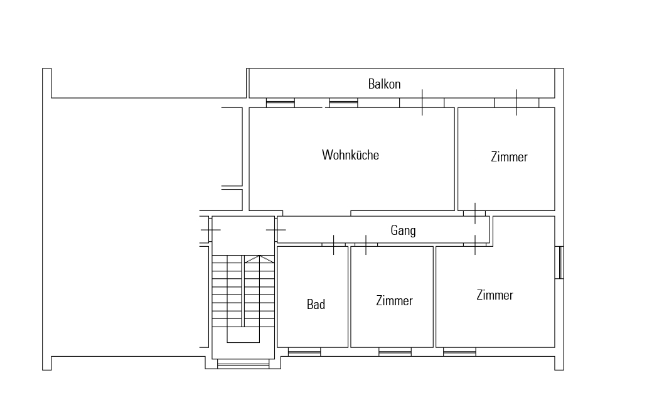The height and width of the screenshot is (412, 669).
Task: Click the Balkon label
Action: (x=384, y=84)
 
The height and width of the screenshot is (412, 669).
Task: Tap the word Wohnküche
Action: (x=350, y=154)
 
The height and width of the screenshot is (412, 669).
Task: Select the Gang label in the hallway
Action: (x=403, y=230)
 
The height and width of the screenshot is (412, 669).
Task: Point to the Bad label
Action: (x=316, y=305)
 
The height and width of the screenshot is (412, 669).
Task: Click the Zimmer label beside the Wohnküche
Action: (x=509, y=156)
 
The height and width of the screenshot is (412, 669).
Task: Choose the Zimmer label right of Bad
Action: (x=394, y=301)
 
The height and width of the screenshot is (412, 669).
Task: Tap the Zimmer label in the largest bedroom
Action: (x=495, y=295)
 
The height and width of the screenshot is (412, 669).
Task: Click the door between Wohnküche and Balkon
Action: (x=422, y=102)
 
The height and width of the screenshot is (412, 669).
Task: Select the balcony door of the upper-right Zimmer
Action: (x=516, y=102)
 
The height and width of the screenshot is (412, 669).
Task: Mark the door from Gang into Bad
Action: (x=334, y=245)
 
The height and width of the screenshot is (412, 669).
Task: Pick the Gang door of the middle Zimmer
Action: (x=366, y=245)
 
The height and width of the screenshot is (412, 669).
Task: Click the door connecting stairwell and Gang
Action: (x=276, y=230)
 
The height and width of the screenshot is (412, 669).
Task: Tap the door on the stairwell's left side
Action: (x=210, y=230)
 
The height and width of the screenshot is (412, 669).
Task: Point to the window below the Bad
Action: (x=304, y=352)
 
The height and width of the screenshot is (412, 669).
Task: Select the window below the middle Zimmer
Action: (x=395, y=352)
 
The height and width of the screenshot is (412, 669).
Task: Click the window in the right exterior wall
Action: (x=559, y=263)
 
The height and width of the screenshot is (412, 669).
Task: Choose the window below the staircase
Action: (x=244, y=364)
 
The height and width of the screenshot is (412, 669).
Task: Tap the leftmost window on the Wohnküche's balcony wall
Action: (x=281, y=102)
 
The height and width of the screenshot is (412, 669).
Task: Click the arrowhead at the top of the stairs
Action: (x=259, y=259)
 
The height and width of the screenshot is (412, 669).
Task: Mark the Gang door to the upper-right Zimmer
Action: (x=475, y=214)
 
